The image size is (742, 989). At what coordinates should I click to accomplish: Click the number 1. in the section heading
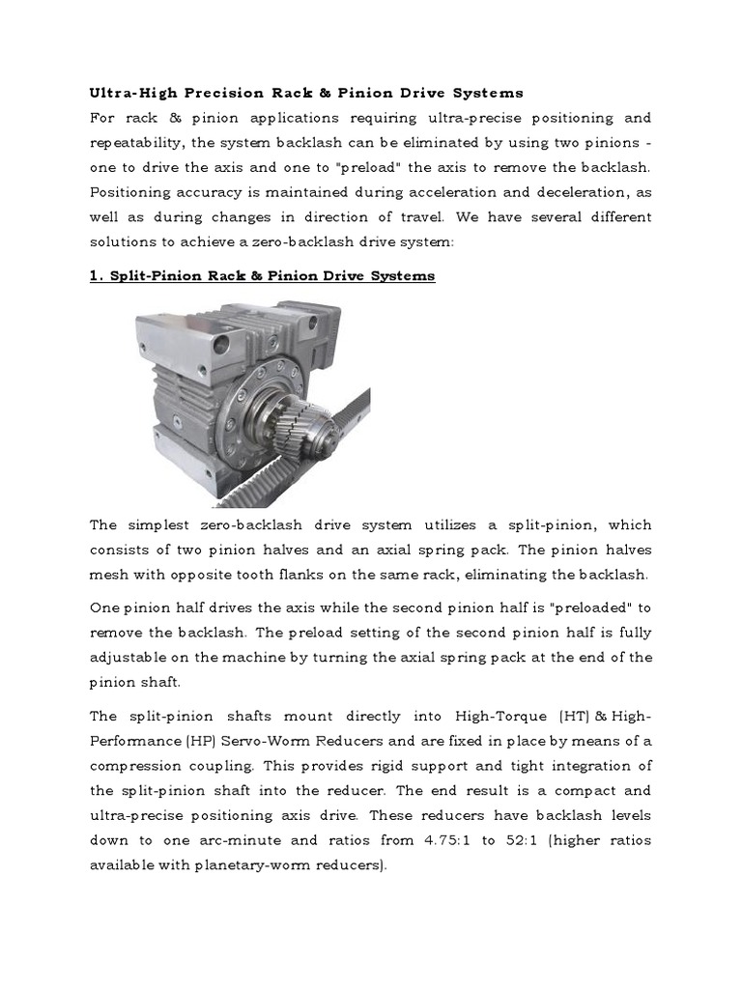click(96, 276)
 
